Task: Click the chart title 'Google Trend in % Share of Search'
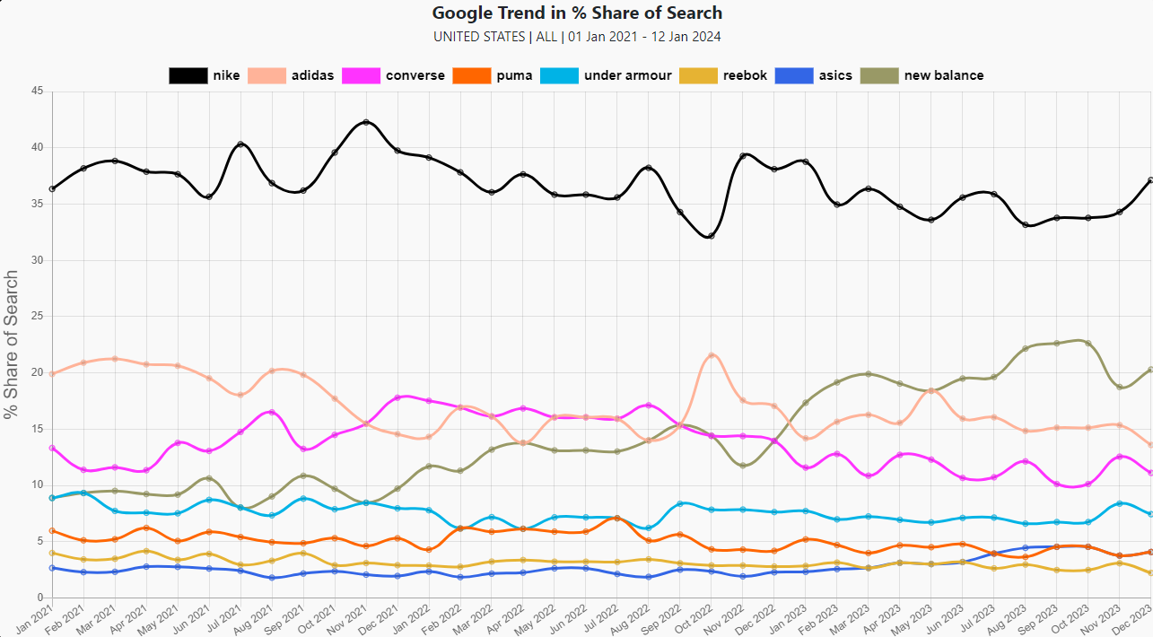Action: tap(576, 13)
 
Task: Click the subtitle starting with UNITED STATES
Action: tap(576, 37)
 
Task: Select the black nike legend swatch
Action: tap(188, 75)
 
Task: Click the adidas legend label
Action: tap(312, 75)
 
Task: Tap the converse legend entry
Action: tap(415, 75)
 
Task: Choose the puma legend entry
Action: tap(514, 75)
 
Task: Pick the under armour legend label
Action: tap(627, 75)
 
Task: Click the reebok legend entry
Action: tap(746, 75)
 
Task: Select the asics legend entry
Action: tap(835, 75)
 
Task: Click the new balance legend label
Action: tap(943, 75)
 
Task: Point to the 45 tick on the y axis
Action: tap(37, 92)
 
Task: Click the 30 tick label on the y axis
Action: tap(37, 260)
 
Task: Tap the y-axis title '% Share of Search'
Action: tap(11, 345)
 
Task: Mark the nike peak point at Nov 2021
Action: tap(365, 122)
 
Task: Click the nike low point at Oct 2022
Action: tap(711, 236)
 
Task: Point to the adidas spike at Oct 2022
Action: tap(711, 355)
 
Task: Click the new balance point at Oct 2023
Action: tap(1088, 343)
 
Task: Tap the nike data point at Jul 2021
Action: tap(240, 144)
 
